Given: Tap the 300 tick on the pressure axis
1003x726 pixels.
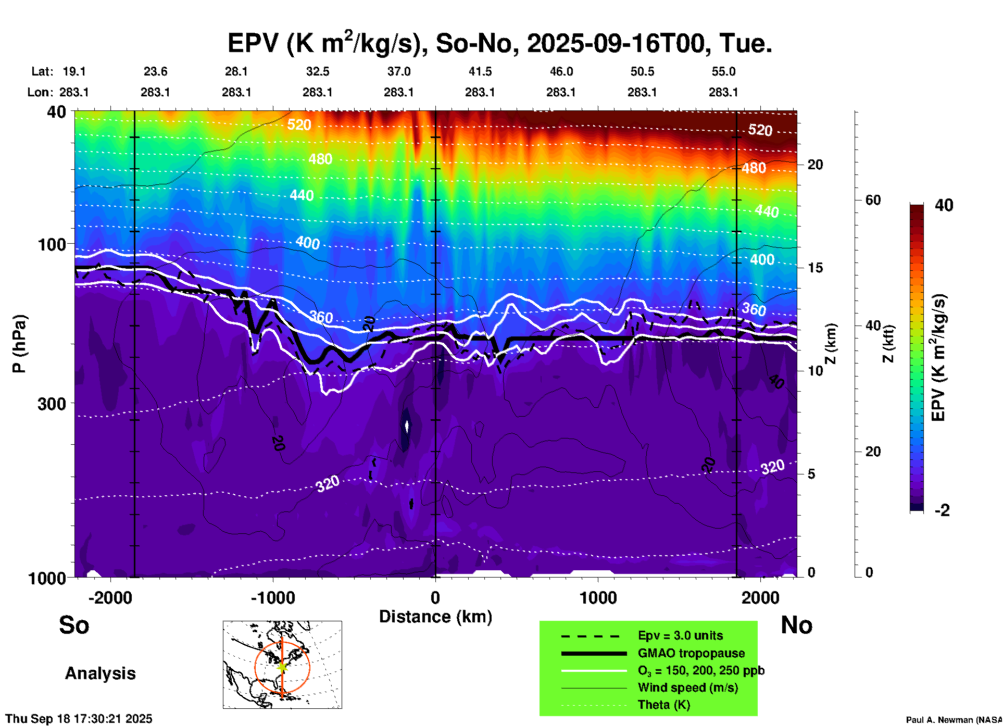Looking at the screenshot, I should tap(52, 404).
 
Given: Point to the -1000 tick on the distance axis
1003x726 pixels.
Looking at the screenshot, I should tap(273, 598).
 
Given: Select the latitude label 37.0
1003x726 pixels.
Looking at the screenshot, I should tap(398, 71).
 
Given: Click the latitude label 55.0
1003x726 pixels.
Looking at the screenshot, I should tap(723, 71).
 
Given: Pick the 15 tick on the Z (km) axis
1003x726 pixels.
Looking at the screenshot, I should tap(815, 268).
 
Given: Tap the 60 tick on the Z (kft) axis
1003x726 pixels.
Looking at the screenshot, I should tap(873, 200).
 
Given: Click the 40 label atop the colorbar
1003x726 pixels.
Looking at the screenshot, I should tap(944, 205).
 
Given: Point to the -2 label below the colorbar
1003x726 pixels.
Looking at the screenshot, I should tap(942, 510).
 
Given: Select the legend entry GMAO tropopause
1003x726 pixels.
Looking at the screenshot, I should tap(691, 653).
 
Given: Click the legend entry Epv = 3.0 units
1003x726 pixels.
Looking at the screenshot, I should tap(680, 635).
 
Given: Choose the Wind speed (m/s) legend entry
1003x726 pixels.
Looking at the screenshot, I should tap(687, 687).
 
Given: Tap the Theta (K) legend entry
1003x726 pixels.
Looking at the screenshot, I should tap(663, 705).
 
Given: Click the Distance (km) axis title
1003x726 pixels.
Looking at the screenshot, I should tap(435, 617).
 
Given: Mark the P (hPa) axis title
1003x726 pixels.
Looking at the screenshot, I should tap(19, 344).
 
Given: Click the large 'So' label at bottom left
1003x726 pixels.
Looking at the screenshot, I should tap(74, 625).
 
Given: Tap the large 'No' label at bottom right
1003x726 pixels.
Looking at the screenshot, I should tap(796, 625).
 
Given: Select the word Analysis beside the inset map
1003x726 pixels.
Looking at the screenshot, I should tap(100, 673).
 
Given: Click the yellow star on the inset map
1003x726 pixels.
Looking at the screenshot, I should tap(282, 666).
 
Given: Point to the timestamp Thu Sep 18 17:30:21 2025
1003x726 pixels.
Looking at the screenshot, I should tap(79, 719).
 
